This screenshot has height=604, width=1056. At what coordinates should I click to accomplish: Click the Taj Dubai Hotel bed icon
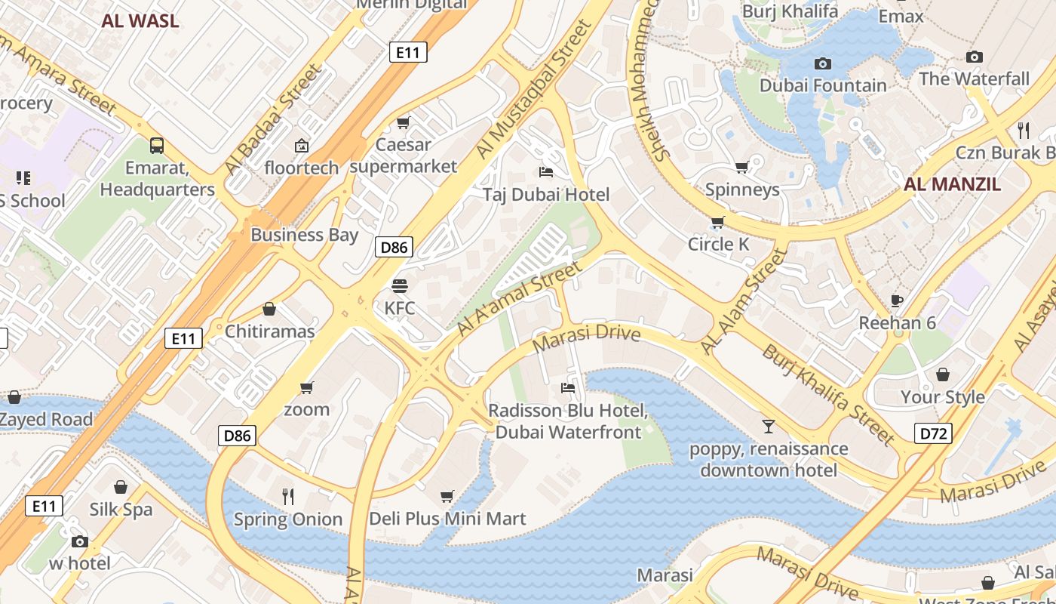pyautogui.click(x=545, y=173)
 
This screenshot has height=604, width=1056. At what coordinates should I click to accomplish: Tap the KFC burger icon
pyautogui.click(x=399, y=286)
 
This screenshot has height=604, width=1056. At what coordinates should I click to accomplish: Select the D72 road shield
pyautogui.click(x=933, y=433)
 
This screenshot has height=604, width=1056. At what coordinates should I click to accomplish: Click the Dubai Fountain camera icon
pyautogui.click(x=823, y=64)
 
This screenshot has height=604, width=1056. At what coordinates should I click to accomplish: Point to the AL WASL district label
pyautogui.click(x=140, y=20)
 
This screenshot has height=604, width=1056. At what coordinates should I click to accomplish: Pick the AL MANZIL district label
pyautogui.click(x=952, y=184)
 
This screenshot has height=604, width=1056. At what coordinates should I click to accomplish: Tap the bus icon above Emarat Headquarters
pyautogui.click(x=157, y=145)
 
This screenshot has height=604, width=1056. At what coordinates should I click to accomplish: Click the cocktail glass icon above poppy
pyautogui.click(x=768, y=427)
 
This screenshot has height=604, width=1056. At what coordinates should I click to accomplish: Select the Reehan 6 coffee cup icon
pyautogui.click(x=896, y=300)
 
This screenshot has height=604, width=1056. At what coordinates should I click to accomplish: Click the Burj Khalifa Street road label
pyautogui.click(x=827, y=394)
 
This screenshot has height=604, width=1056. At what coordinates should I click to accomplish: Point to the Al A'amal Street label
pyautogui.click(x=520, y=299)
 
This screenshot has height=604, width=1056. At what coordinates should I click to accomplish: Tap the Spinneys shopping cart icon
pyautogui.click(x=742, y=167)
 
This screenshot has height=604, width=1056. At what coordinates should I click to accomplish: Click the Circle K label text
pyautogui.click(x=718, y=244)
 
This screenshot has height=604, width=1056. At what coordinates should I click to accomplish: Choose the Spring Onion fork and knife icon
pyautogui.click(x=287, y=496)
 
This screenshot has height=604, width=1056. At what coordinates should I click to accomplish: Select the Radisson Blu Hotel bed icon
pyautogui.click(x=568, y=388)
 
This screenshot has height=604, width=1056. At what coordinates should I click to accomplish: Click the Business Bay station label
pyautogui.click(x=304, y=235)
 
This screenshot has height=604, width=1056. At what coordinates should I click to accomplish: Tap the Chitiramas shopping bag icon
pyautogui.click(x=269, y=309)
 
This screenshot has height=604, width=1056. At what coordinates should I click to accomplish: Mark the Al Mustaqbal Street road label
pyautogui.click(x=534, y=91)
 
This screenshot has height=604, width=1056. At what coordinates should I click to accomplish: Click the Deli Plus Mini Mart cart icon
pyautogui.click(x=447, y=496)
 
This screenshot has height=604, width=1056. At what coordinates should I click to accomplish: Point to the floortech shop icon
pyautogui.click(x=302, y=145)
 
